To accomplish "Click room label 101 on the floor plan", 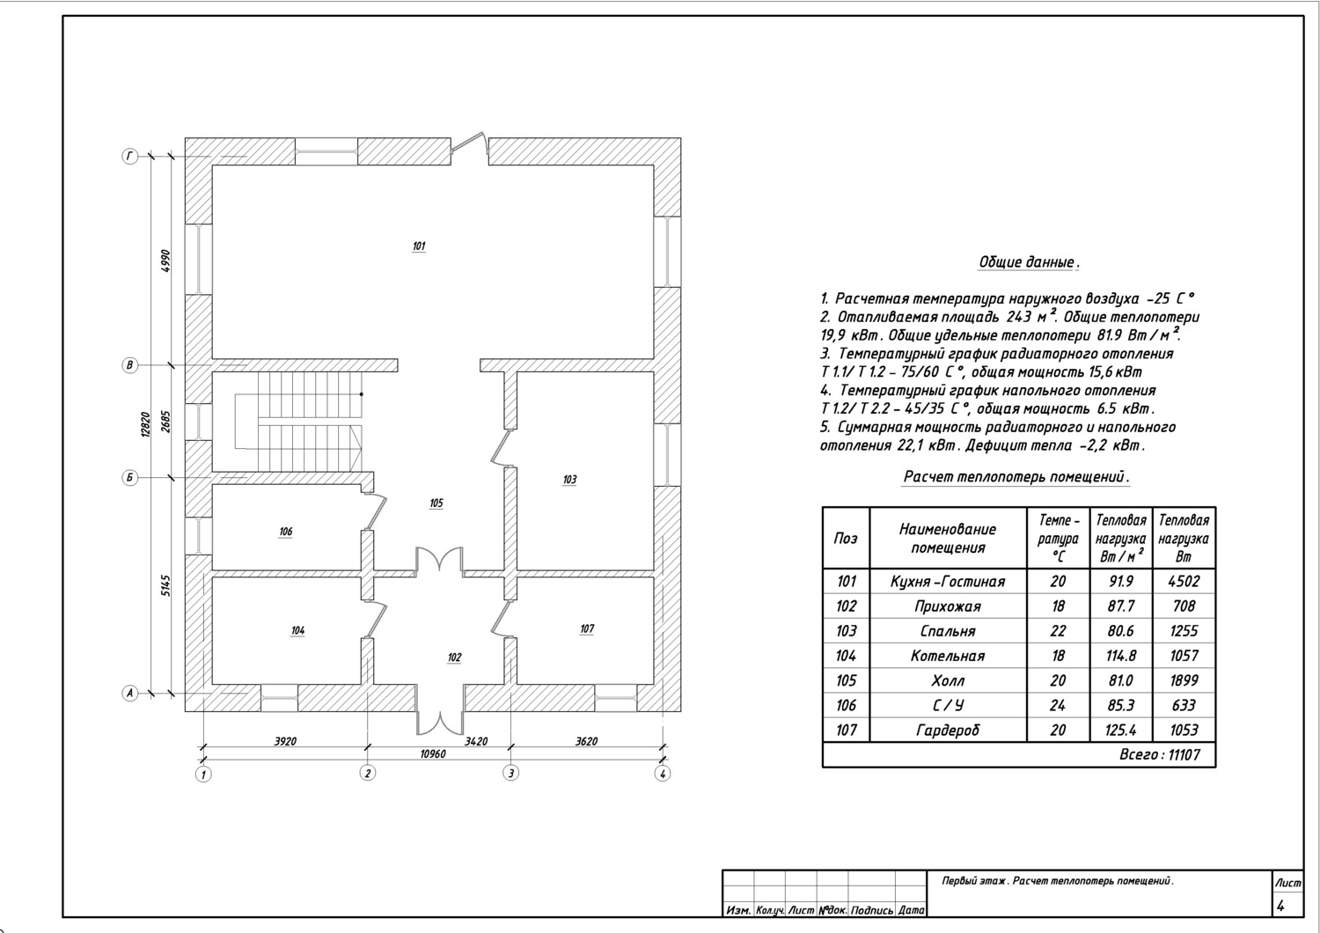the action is (x=418, y=246).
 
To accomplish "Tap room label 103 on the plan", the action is (x=569, y=480).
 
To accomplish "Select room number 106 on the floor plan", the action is (x=285, y=532).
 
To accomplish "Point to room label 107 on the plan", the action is (x=587, y=628).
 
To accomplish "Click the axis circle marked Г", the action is (x=129, y=157).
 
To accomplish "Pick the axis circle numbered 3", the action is (x=510, y=774).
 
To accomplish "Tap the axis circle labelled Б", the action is (x=129, y=477).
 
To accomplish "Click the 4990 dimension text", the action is (x=165, y=261).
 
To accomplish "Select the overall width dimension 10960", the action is (x=432, y=754).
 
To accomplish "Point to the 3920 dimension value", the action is (x=285, y=741).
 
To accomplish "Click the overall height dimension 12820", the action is (x=145, y=424).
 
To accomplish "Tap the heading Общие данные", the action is (x=1029, y=262).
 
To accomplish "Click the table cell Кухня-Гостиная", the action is (x=948, y=582).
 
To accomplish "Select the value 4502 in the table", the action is (x=1184, y=582).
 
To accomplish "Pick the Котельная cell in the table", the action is (x=948, y=656).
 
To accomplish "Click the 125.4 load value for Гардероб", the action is (x=1120, y=731).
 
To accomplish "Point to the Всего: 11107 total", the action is (x=1159, y=755).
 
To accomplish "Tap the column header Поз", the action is (x=846, y=538).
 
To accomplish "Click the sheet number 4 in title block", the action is (x=1280, y=907).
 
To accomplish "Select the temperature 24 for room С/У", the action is (x=1058, y=706).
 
